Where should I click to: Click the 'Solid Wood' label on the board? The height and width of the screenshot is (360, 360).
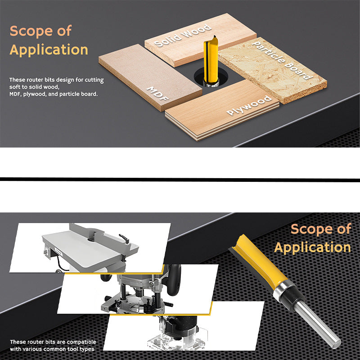click(x=183, y=36)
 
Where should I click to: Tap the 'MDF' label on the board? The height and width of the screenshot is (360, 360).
click(x=158, y=94)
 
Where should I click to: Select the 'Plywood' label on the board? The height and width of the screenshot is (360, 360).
click(x=249, y=105)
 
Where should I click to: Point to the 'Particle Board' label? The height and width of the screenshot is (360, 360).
click(x=282, y=60)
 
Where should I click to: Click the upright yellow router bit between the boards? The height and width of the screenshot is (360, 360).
click(x=211, y=60)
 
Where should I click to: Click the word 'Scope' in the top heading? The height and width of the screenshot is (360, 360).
click(x=31, y=31)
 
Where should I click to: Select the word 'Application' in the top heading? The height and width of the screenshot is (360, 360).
click(x=49, y=50)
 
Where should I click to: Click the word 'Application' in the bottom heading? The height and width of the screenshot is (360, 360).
click(x=312, y=247)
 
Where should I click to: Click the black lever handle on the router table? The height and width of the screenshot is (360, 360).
click(x=124, y=238)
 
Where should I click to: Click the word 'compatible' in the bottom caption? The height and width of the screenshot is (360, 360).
click(x=81, y=342)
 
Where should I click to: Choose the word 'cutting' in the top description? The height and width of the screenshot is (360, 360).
click(x=94, y=80)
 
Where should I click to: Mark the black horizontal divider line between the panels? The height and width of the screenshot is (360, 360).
click(x=180, y=179)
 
